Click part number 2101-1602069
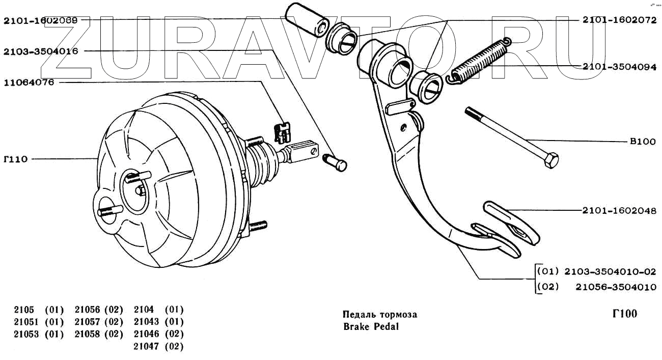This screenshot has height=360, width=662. click(x=41, y=21)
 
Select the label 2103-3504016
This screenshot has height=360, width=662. click(x=41, y=51)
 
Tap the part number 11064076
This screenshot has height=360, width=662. click(x=29, y=82)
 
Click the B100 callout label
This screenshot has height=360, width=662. click(x=643, y=142)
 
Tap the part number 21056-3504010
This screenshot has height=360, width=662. click(x=616, y=287)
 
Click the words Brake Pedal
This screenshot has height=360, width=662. click(x=371, y=327)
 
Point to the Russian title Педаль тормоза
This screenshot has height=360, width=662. click(x=380, y=314)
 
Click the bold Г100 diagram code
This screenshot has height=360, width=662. click(x=624, y=314)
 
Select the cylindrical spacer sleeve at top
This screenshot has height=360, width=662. click(x=307, y=22)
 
